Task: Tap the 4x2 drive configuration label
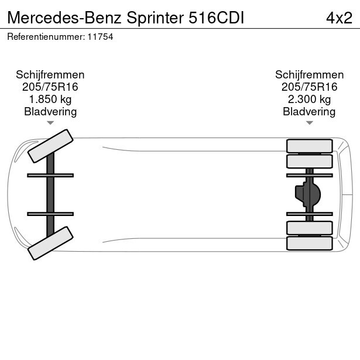339,18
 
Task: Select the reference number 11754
101,37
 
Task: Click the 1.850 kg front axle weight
50,100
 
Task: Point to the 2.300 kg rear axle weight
309,100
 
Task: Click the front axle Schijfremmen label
50,75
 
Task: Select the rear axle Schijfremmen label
309,75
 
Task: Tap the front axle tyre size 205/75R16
50,87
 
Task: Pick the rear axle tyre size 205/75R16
309,87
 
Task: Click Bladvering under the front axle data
50,112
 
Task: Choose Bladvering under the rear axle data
309,112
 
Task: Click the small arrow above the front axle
50,123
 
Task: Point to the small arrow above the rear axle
309,123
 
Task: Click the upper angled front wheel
50,146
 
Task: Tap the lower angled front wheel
50,243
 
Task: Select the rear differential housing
308,194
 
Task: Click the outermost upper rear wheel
309,145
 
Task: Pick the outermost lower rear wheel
309,243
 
